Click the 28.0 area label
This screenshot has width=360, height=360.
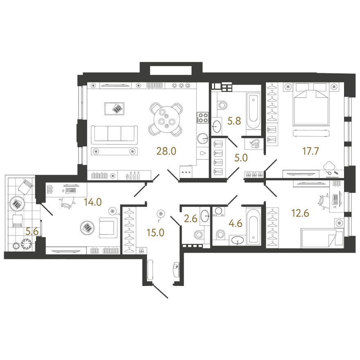(x=166, y=151)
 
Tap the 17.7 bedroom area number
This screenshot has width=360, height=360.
(x=310, y=151)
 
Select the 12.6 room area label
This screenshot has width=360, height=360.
(x=300, y=213)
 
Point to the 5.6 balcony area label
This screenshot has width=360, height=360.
(x=32, y=232)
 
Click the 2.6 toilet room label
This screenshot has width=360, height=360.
(x=191, y=218)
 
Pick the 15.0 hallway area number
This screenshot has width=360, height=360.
(x=155, y=233)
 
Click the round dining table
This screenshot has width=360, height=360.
(x=166, y=119)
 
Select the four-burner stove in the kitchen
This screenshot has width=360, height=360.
(x=202, y=117)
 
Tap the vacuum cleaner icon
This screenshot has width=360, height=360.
(x=254, y=144)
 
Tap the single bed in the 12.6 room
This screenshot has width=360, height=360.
(x=322, y=238)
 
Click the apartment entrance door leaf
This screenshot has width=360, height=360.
(x=160, y=291)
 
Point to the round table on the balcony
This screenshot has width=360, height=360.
(x=17, y=203)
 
